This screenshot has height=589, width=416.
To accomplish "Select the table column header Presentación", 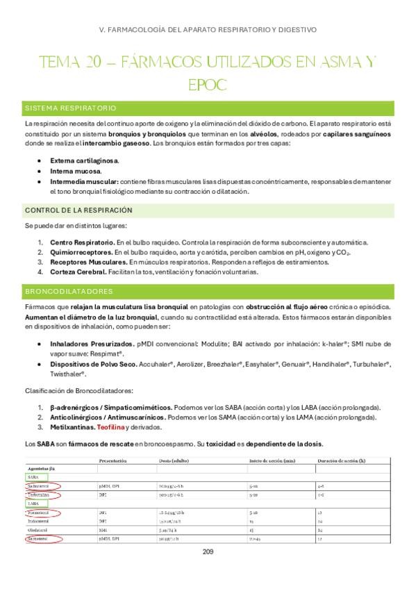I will coord(113,461).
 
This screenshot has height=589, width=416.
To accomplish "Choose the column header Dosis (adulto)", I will coord(174,461).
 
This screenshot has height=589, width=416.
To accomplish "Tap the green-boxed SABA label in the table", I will coord(33,477).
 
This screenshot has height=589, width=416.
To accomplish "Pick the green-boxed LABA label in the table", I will coord(33,502).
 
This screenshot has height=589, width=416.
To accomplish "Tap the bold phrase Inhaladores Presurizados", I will coord(92,344).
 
